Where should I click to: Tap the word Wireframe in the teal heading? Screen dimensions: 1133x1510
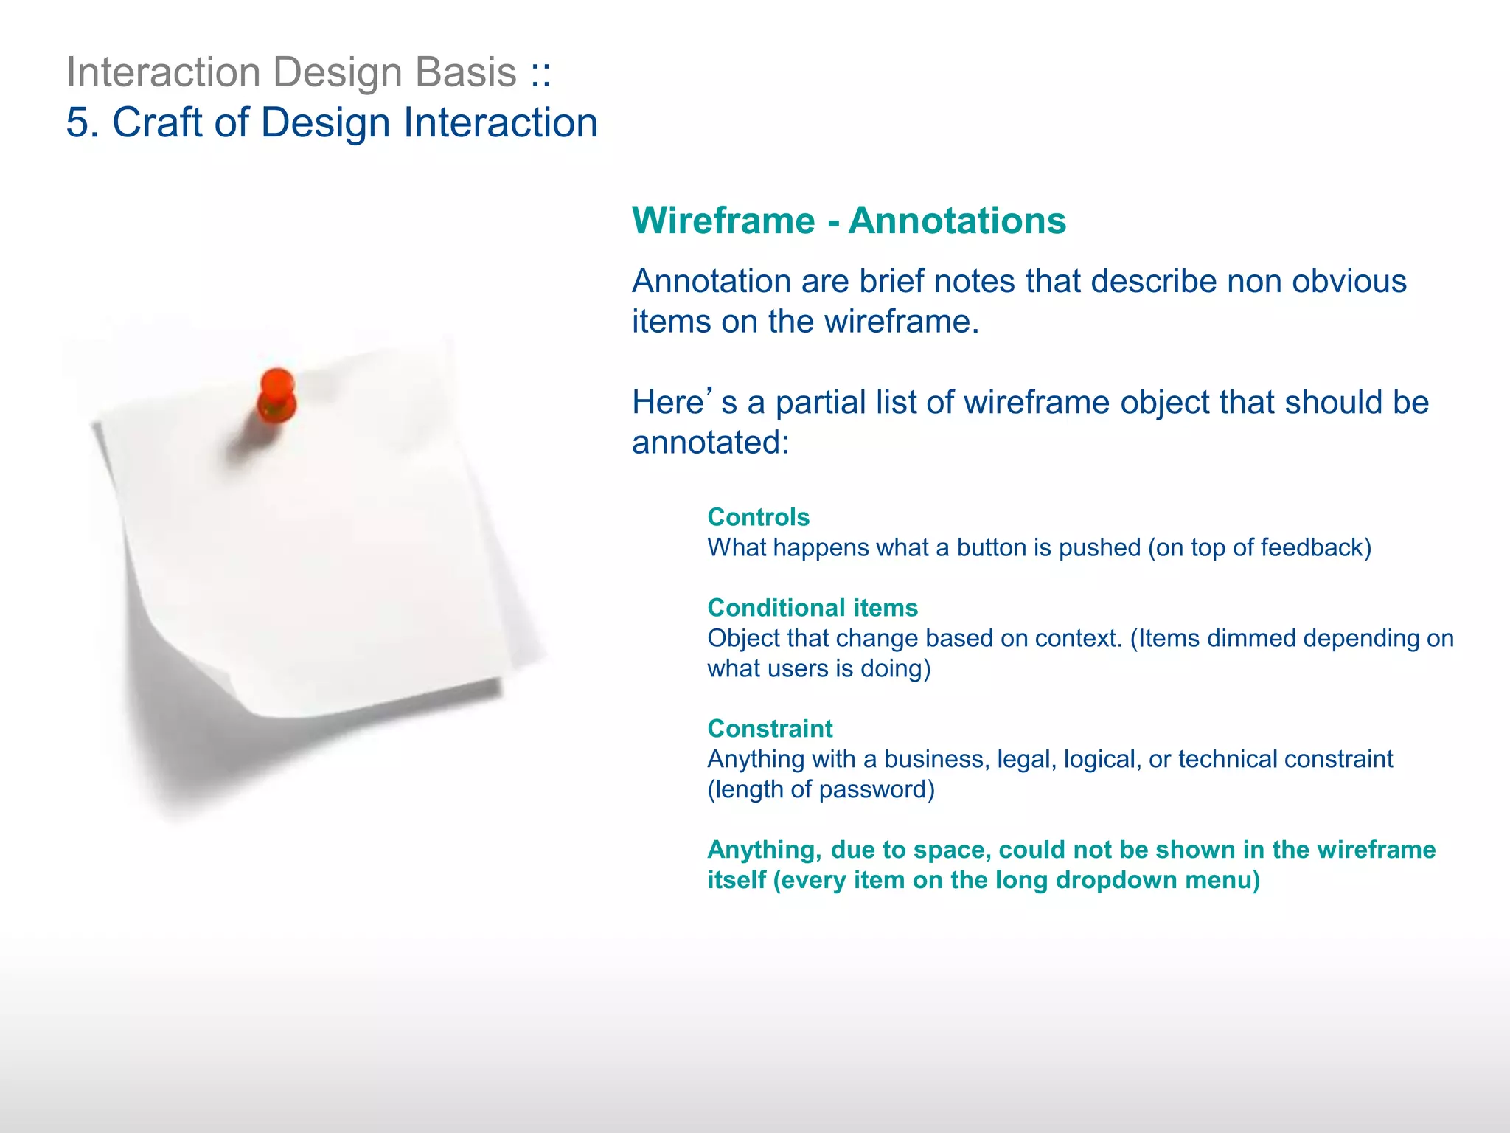click(x=723, y=221)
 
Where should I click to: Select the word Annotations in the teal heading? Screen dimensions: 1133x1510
click(x=957, y=221)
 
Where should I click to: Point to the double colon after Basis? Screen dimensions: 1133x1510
click(x=540, y=73)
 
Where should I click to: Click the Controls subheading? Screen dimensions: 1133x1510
click(x=758, y=517)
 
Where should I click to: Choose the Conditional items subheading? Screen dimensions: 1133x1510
click(x=813, y=608)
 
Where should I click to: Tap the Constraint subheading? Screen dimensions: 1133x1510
click(x=770, y=729)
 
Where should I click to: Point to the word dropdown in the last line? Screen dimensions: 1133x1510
click(x=1116, y=880)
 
